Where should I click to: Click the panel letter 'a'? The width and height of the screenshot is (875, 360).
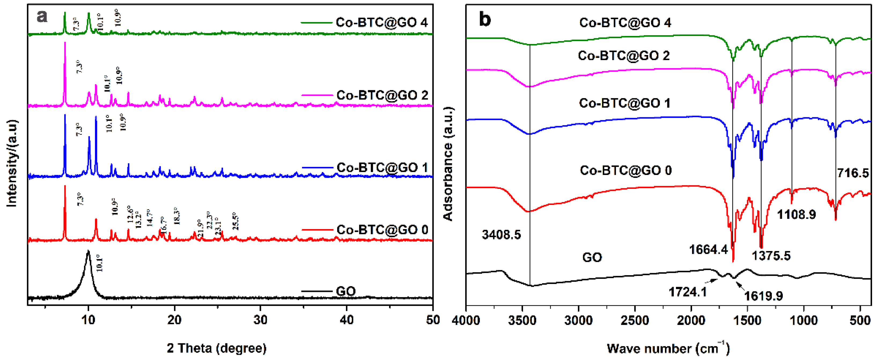(42, 16)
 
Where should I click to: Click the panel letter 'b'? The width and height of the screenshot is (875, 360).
(485, 20)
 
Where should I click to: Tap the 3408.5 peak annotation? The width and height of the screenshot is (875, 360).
(501, 235)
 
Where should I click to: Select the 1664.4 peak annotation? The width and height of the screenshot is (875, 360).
(708, 250)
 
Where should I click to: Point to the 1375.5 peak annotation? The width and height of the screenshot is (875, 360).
(771, 255)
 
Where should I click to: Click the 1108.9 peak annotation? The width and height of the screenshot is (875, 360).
(796, 214)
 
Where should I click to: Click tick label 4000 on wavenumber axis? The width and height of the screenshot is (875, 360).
(466, 320)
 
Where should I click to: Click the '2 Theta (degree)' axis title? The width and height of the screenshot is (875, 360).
(217, 348)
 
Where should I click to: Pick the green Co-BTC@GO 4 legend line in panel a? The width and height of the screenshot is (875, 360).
(316, 23)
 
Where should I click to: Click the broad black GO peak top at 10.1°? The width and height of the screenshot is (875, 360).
(88, 252)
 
